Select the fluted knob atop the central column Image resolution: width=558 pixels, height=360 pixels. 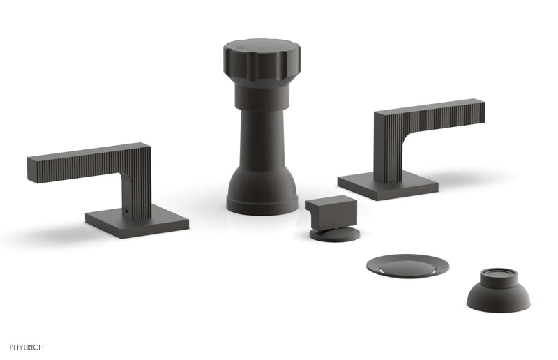[x=262, y=59]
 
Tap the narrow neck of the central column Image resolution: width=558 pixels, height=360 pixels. [x=262, y=140]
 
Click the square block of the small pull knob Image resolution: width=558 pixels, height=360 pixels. [x=331, y=211]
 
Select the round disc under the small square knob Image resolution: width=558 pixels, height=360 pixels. [x=335, y=234]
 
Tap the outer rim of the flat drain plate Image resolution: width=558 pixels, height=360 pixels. [x=377, y=266]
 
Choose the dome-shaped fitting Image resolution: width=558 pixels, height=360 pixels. [x=498, y=294]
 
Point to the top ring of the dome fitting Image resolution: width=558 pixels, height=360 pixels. [x=498, y=274]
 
